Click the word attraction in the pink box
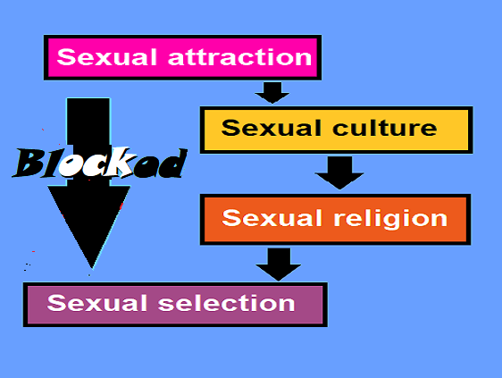(239, 57)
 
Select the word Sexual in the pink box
(107, 57)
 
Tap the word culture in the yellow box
(384, 128)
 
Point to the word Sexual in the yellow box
(272, 128)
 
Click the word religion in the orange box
(390, 219)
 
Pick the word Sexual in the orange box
(272, 217)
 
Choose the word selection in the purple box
(226, 303)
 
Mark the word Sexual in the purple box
(97, 303)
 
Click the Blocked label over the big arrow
(100, 163)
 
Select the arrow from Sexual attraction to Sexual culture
(272, 93)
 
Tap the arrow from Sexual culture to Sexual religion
(339, 172)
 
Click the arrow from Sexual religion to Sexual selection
(278, 265)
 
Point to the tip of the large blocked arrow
(92, 268)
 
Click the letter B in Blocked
(29, 163)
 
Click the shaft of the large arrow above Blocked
(88, 122)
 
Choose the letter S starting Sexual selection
(57, 303)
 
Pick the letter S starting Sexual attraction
(67, 57)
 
